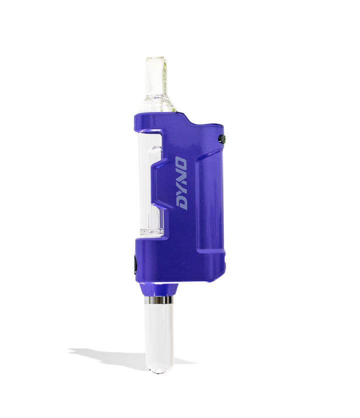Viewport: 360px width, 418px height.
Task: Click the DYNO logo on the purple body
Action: pos(180,183)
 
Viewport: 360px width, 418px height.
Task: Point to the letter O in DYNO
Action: pos(181,164)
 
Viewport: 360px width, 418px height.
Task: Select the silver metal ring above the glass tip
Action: pos(159,300)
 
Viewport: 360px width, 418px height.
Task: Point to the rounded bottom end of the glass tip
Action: pos(159,369)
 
